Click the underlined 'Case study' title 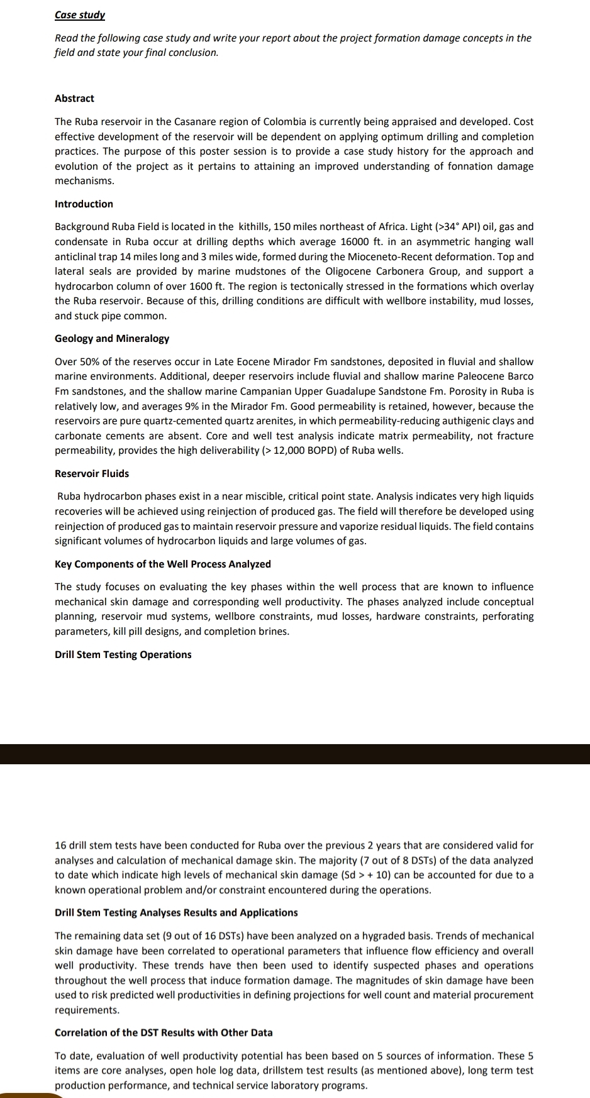click(80, 14)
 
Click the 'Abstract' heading click(74, 98)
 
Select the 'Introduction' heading click(84, 204)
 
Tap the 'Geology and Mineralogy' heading click(112, 338)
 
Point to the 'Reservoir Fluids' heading click(92, 473)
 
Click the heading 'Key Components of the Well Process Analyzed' click(163, 564)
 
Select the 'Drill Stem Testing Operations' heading click(123, 654)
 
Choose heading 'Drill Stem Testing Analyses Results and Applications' click(176, 912)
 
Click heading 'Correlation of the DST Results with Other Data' click(164, 1032)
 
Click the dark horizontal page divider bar click(295, 754)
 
